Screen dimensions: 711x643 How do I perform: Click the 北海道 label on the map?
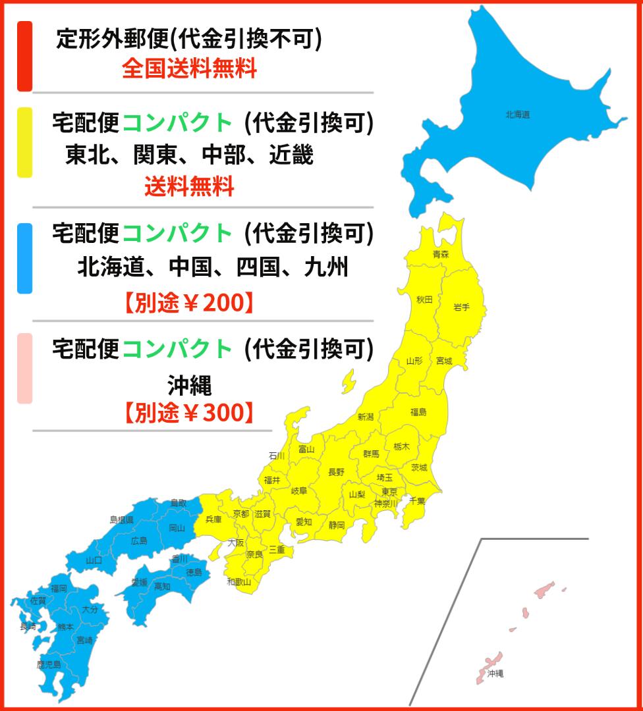tap(517, 115)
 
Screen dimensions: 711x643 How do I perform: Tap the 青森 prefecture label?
tap(441, 254)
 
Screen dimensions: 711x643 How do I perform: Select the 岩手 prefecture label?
tap(461, 307)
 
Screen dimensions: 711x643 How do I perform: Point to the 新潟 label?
tap(366, 417)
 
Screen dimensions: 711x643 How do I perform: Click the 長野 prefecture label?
tap(336, 472)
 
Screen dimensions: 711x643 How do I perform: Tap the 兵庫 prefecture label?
tap(213, 519)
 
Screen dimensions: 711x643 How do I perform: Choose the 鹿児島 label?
tap(49, 664)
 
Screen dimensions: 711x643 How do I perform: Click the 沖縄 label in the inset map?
tap(495, 673)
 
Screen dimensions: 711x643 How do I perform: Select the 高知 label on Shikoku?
tap(162, 587)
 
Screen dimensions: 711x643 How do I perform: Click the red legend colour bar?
tap(24, 56)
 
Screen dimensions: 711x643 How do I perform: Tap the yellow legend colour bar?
tap(24, 142)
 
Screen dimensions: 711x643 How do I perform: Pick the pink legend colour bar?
tap(24, 368)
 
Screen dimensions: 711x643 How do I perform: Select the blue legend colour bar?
tap(24, 258)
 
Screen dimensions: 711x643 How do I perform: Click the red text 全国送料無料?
tap(189, 68)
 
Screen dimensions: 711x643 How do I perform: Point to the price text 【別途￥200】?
tap(188, 303)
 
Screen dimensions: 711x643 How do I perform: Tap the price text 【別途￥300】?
tap(188, 413)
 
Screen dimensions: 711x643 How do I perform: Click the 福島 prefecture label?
tap(418, 412)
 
